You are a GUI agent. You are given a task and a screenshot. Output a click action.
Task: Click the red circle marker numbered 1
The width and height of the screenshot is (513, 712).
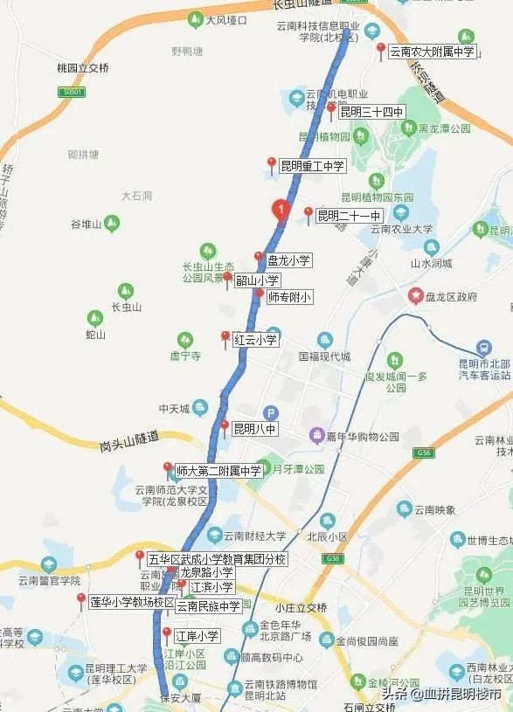tap(280, 210)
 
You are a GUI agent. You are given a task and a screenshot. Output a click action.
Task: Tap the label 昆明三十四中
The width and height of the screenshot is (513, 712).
tap(371, 112)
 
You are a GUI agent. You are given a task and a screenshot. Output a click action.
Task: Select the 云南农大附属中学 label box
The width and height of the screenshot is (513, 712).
tap(432, 52)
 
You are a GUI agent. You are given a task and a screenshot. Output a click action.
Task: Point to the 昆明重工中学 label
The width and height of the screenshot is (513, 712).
tap(312, 165)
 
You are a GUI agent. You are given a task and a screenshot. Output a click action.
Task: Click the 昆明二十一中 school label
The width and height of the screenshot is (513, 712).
tap(349, 216)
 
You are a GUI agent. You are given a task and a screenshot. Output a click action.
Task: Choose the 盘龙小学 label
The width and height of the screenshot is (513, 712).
tap(288, 260)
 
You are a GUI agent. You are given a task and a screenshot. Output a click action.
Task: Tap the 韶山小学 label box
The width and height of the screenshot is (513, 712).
tap(257, 280)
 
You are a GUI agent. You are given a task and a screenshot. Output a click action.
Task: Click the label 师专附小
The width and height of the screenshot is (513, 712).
tap(288, 297)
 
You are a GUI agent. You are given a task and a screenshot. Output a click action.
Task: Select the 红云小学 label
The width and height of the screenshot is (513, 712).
tap(255, 340)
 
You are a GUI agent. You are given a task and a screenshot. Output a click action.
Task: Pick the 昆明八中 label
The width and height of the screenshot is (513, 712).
tap(254, 429)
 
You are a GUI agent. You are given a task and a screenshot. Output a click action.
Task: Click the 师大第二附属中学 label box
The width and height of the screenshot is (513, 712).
tap(218, 471)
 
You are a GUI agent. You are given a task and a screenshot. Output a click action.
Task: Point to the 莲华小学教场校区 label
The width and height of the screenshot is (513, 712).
tap(132, 602)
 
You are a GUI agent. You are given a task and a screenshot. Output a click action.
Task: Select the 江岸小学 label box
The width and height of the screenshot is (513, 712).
tap(197, 636)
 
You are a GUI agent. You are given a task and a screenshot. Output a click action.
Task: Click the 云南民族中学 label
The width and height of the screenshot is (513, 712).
tap(208, 605)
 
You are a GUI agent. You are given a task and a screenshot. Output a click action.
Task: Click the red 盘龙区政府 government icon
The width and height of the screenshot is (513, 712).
tap(417, 296)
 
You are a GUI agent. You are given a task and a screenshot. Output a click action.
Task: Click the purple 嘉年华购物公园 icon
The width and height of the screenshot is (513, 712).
tap(317, 435)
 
